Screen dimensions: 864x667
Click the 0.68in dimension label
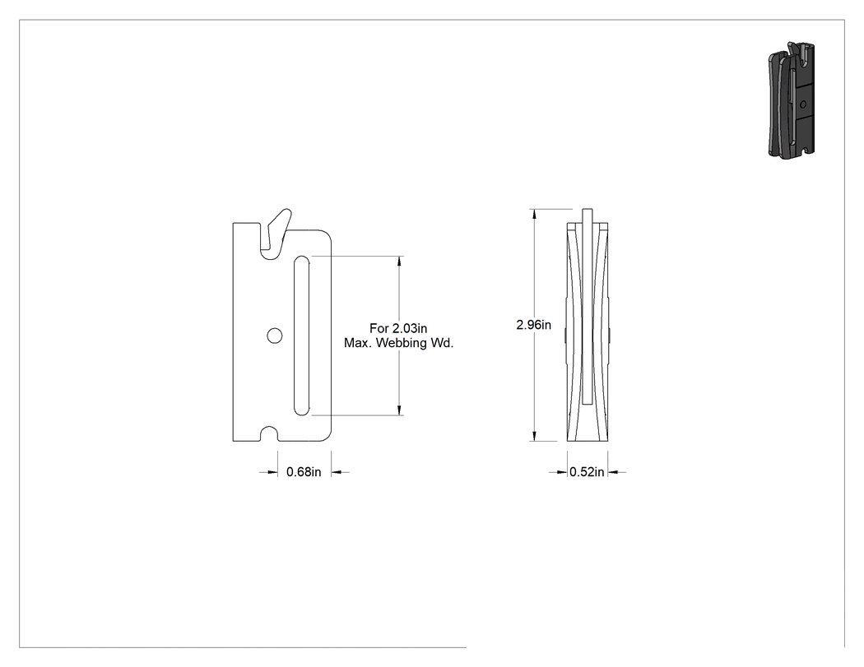point(304,472)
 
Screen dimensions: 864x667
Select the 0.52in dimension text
point(587,472)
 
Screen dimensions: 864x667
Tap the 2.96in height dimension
point(533,325)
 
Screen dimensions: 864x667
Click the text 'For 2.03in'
point(398,328)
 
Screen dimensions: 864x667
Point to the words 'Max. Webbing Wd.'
point(398,343)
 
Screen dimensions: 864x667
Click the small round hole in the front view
point(274,336)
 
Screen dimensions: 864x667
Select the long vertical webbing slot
point(301,336)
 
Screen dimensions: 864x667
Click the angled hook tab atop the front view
point(279,231)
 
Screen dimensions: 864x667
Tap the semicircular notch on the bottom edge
point(269,434)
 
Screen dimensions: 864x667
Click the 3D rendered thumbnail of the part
point(792,100)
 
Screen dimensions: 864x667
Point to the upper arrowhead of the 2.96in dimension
point(534,215)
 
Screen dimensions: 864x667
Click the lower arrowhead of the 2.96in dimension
point(534,436)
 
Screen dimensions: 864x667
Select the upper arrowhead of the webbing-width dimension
point(400,261)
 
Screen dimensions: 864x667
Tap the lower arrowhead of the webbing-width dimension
point(400,410)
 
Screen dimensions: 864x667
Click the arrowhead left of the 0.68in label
point(272,472)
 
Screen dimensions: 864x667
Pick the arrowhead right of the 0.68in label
point(337,472)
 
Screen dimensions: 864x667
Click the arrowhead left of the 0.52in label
point(562,472)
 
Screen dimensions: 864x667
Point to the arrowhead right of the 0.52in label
point(614,472)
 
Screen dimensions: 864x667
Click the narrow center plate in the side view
point(588,306)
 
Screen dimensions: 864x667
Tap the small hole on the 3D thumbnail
point(803,104)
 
